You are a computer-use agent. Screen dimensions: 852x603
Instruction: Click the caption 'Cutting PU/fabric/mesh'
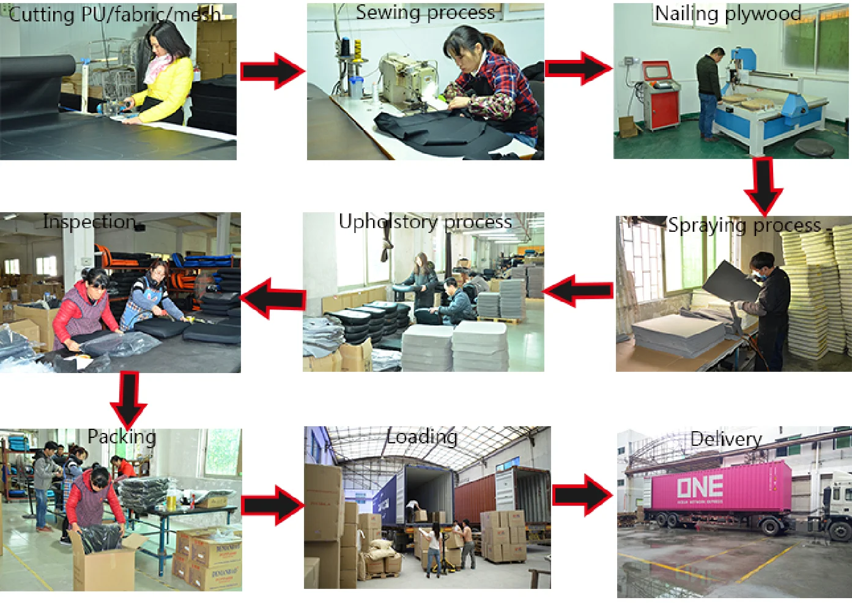pos(114,14)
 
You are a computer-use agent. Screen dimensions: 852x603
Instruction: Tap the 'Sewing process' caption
pos(425,12)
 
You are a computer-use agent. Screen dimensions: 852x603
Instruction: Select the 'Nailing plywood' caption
pos(727,13)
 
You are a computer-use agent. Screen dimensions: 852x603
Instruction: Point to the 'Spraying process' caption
pos(744,225)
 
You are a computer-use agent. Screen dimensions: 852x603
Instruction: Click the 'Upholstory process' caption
pos(425,221)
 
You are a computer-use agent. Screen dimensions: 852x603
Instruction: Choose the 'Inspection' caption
pos(89,221)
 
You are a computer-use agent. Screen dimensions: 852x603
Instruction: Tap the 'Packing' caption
pos(122,437)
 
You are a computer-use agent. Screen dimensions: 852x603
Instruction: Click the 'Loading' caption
pos(422,437)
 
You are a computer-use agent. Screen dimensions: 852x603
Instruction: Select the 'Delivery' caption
pos(726,439)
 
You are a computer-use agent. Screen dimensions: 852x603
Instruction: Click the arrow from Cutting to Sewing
pos(272,71)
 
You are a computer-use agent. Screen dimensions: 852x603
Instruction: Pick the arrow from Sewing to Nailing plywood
pos(577,68)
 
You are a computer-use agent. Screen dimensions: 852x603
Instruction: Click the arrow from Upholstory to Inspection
pos(273,298)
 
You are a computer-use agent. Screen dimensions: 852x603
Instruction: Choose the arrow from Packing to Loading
pos(272,505)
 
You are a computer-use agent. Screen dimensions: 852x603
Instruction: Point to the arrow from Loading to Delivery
pos(582,494)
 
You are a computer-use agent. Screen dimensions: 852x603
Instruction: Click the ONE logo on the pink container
pos(700,487)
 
